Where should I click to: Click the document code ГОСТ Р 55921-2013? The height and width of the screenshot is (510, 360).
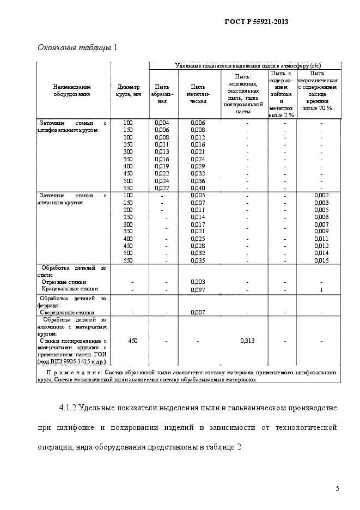click(256, 22)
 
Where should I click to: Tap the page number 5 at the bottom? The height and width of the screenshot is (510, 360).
click(337, 488)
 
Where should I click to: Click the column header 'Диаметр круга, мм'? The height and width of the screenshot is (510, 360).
click(129, 90)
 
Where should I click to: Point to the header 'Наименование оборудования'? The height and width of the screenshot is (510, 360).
click(72, 90)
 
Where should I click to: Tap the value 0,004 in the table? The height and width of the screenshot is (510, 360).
click(162, 123)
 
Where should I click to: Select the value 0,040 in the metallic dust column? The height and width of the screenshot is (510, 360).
click(198, 188)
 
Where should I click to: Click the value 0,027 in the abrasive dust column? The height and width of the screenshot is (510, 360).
click(162, 188)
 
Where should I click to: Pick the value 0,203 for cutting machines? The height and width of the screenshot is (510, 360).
click(198, 282)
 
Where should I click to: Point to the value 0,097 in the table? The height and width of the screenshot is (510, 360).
click(198, 289)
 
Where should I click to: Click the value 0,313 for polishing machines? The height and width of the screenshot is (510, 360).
click(247, 341)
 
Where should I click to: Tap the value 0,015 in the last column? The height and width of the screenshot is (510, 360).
click(321, 260)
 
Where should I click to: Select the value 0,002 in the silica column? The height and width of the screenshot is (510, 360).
click(321, 195)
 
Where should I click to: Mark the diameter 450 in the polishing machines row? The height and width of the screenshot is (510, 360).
click(132, 341)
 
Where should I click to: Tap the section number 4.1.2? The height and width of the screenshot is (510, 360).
click(69, 408)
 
